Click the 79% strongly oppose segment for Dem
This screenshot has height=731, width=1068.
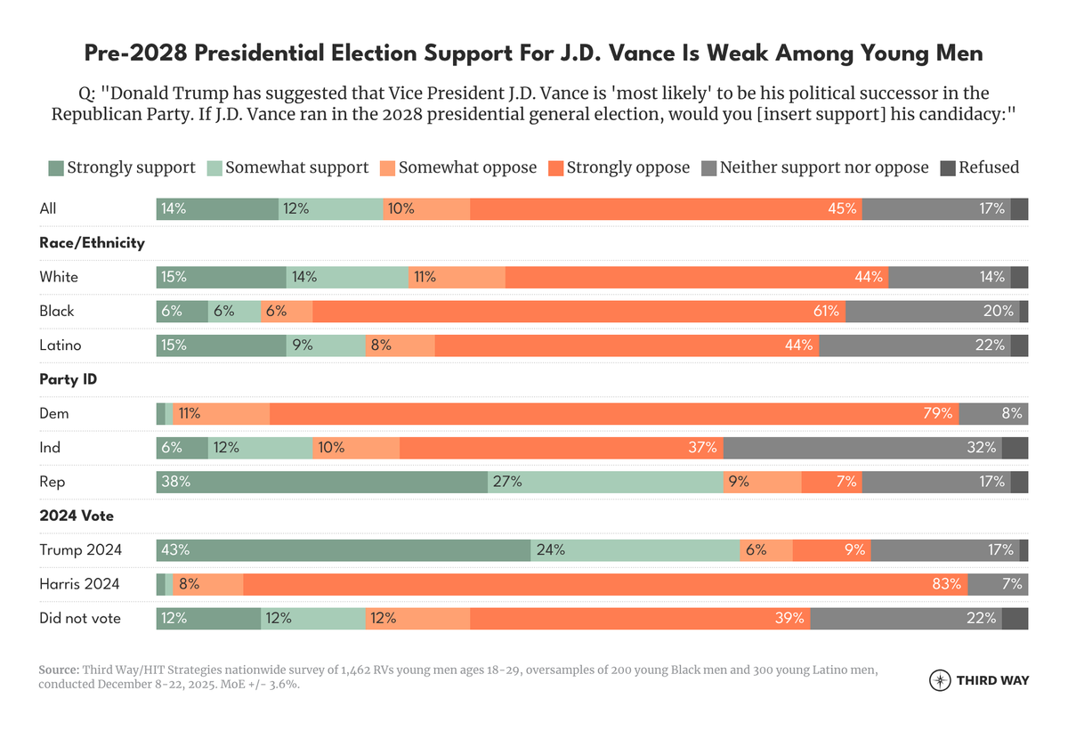(x=614, y=413)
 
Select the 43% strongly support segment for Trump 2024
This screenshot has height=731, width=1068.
(x=344, y=549)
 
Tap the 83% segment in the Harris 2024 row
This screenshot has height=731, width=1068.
(x=605, y=584)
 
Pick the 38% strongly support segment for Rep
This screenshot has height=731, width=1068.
(x=322, y=482)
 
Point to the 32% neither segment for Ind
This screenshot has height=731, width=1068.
(x=863, y=448)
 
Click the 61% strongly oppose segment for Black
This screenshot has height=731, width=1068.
(x=578, y=311)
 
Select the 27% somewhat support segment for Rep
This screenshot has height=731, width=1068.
(x=605, y=482)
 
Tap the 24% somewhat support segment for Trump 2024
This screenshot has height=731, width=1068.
(x=635, y=549)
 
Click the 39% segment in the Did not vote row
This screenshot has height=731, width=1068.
(x=640, y=618)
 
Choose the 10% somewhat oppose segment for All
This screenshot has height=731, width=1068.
(x=426, y=209)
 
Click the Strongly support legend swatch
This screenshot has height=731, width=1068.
(x=56, y=167)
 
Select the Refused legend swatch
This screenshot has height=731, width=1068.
(x=948, y=167)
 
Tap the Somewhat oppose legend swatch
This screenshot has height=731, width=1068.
(x=387, y=167)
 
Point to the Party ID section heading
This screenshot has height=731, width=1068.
(x=69, y=379)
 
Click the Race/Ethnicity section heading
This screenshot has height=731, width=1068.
(x=92, y=243)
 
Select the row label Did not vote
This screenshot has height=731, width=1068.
(x=80, y=618)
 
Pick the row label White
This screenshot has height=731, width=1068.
(x=59, y=277)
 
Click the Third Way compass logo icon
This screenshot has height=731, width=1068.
(x=939, y=680)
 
